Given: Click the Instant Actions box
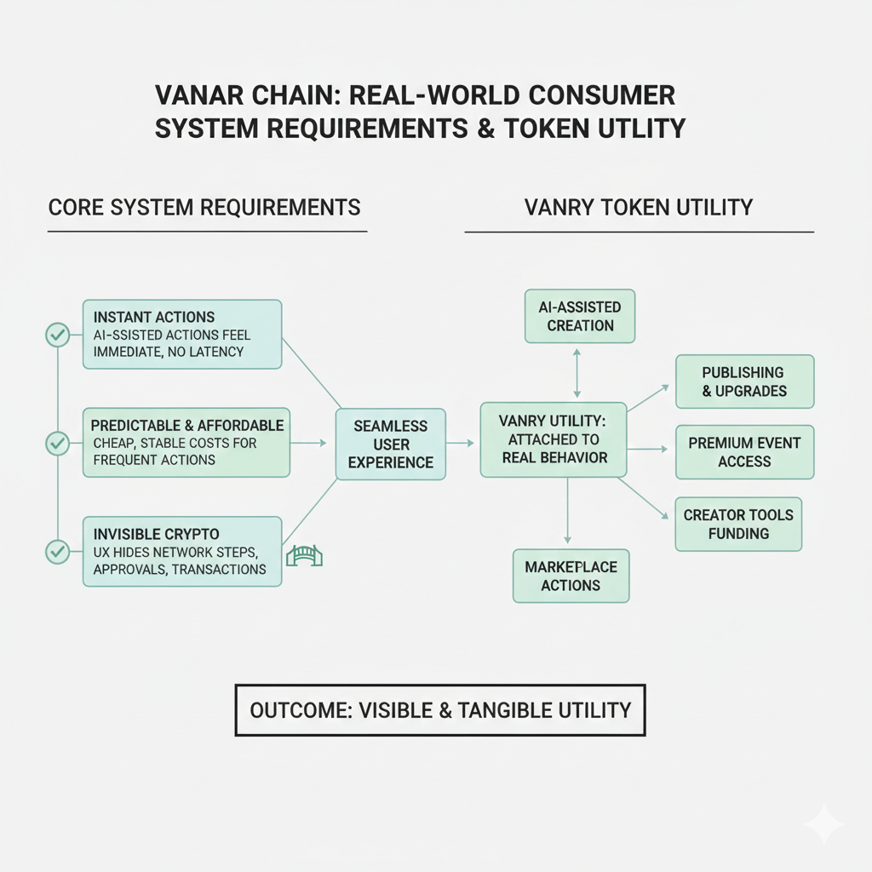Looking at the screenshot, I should (182, 334).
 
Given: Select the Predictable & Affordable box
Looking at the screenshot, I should (187, 442).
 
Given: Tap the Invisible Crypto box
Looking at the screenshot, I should (182, 551).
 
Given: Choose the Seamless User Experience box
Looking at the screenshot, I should (390, 444).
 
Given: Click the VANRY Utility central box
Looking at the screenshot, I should (554, 439).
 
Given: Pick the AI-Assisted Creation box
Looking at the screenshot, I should (580, 315).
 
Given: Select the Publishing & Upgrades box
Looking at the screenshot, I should (744, 381).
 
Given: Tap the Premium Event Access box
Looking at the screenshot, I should (744, 452).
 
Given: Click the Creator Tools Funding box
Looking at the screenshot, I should (737, 524).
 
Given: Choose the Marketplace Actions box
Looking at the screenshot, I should (571, 576).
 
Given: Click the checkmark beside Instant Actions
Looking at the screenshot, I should (57, 335).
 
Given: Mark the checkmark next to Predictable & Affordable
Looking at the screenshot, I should (57, 443).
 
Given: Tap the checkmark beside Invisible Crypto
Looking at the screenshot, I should (57, 552).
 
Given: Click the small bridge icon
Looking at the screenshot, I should (305, 557).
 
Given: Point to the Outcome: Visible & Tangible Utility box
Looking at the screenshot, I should (440, 709).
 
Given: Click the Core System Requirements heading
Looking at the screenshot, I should (204, 207).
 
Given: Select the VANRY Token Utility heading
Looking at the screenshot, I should (639, 207).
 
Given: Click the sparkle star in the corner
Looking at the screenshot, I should (824, 824).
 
